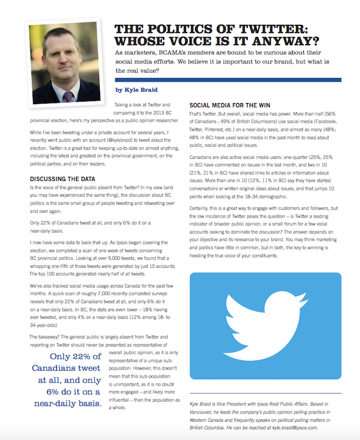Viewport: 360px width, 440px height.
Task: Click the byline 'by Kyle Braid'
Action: (x=136, y=90)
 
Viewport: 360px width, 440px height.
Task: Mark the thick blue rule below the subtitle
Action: (x=228, y=80)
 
